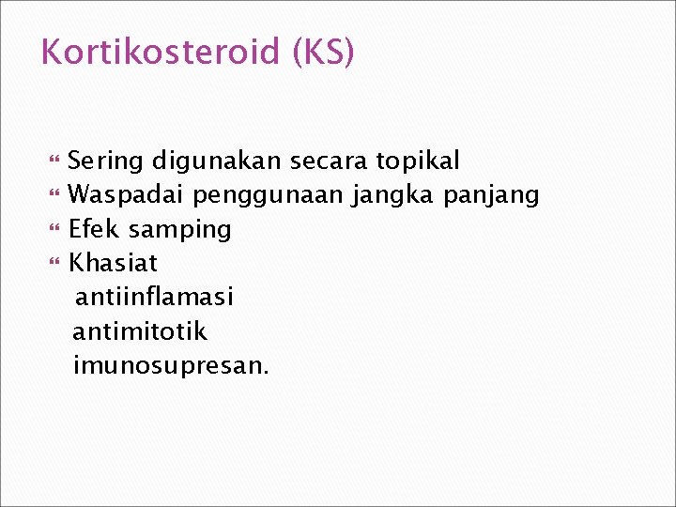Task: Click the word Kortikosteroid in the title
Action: click(161, 52)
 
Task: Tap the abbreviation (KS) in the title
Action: click(324, 53)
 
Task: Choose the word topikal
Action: click(418, 162)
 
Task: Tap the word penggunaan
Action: click(271, 196)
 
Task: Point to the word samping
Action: click(179, 230)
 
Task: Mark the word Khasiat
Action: click(114, 263)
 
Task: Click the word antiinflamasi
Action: click(154, 298)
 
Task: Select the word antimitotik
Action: click(140, 331)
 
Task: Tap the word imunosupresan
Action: click(171, 366)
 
